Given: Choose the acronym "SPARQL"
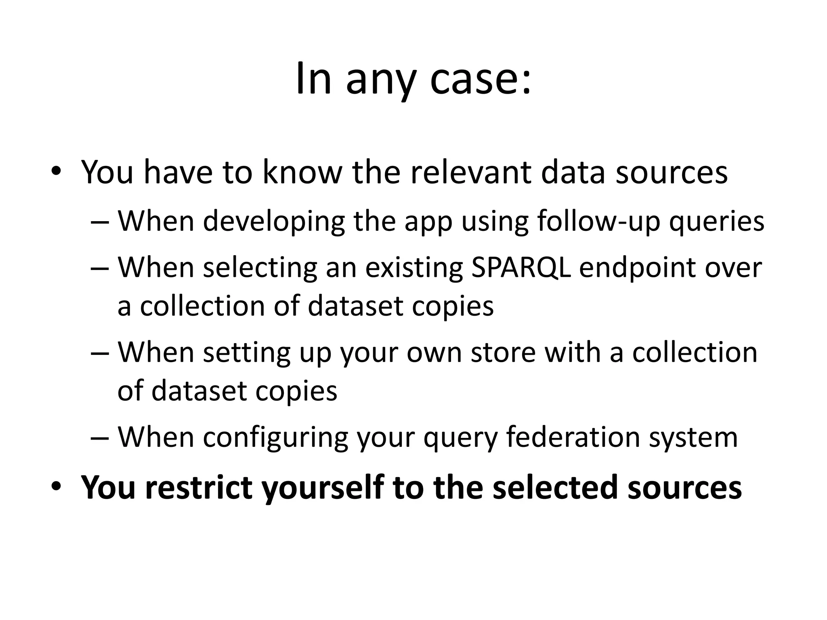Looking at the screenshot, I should coord(521,268).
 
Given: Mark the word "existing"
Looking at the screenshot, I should coord(414,268).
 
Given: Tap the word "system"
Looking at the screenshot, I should coord(693,437).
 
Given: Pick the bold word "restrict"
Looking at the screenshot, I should coord(198,487).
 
